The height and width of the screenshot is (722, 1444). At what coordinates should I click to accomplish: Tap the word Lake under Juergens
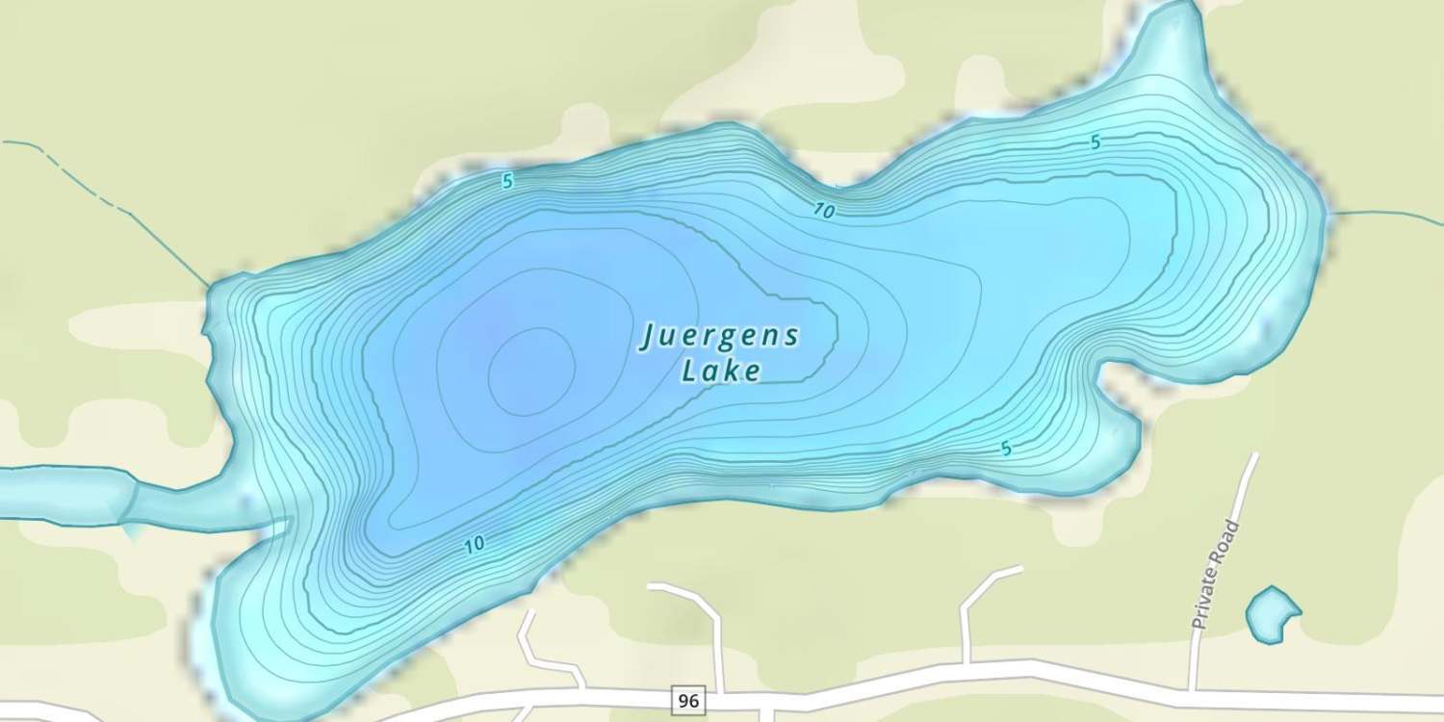[722, 371]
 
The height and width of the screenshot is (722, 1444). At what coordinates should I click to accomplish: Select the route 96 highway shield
[687, 701]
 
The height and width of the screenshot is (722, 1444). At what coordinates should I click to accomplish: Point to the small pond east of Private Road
[1271, 614]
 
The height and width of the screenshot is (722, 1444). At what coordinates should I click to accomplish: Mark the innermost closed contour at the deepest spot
[531, 371]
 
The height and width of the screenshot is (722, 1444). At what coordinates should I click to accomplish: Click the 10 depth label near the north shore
[823, 211]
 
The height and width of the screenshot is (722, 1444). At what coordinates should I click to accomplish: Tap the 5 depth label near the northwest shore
[507, 181]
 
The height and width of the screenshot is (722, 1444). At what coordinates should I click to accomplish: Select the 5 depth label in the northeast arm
[1095, 142]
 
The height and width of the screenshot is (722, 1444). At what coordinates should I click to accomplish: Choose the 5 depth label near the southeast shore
[1006, 449]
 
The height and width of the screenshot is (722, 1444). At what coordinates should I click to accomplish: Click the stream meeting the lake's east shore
[1386, 213]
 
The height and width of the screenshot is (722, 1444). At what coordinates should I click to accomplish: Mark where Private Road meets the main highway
[1192, 688]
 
